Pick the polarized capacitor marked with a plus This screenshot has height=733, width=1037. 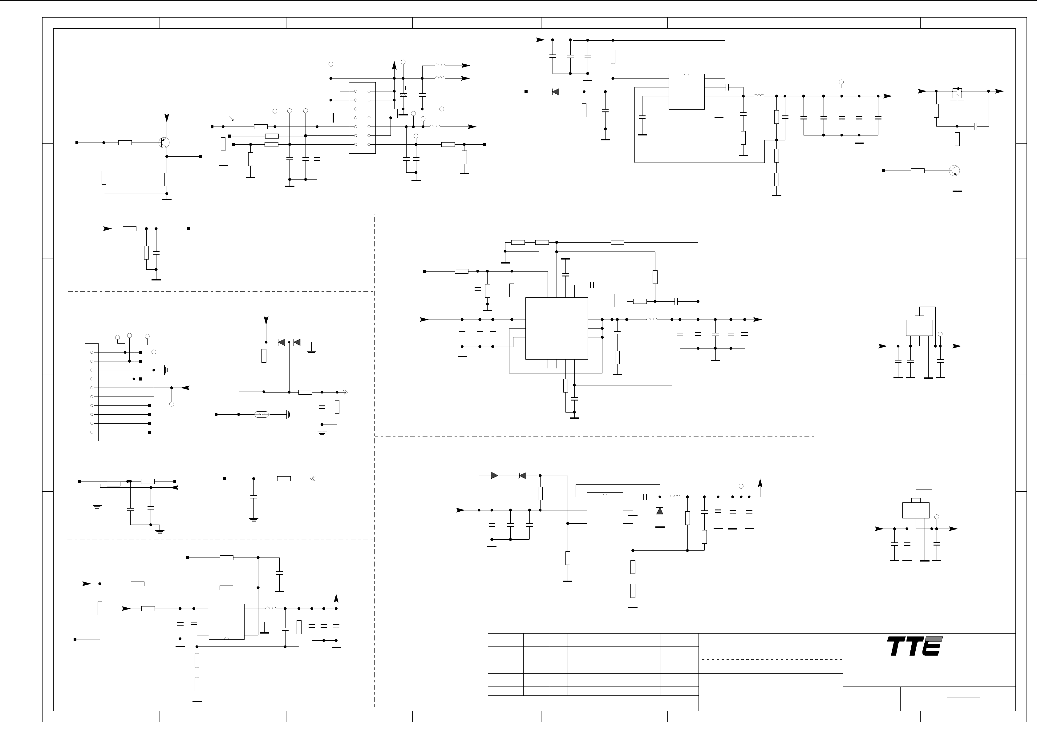[404, 94]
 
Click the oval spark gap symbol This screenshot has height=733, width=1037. [262, 414]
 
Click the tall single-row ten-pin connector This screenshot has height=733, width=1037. [92, 392]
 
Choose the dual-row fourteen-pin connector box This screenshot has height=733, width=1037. [362, 118]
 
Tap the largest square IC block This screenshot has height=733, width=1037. [557, 328]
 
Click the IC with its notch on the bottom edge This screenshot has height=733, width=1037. [227, 622]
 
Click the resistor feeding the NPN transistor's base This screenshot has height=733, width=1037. [918, 171]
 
